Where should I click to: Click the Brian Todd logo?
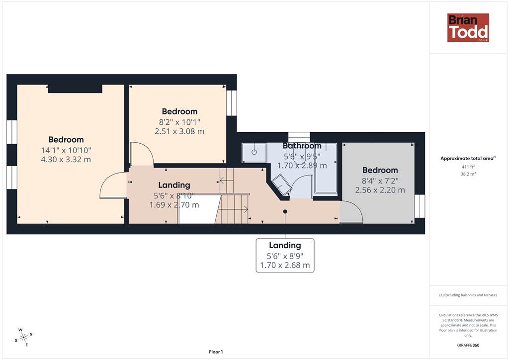[x=468, y=27]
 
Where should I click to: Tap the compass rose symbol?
[x=24, y=338]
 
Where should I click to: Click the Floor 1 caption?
[x=216, y=352]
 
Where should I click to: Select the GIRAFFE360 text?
[x=468, y=345]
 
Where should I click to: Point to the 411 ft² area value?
[x=468, y=167]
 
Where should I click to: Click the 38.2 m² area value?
[x=468, y=174]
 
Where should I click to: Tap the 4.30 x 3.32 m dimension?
[x=66, y=160]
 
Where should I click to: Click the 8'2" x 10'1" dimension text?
[x=179, y=122]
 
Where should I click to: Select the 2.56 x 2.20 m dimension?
[x=380, y=190]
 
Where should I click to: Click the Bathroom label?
[x=302, y=146]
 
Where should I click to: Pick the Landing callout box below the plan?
[x=285, y=256]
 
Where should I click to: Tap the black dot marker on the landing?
[x=285, y=212]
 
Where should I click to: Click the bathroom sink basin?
[x=254, y=152]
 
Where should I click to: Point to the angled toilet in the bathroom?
[x=281, y=184]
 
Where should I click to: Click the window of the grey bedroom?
[x=420, y=206]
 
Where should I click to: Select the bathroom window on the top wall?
[x=299, y=137]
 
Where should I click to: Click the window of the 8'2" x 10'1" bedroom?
[x=232, y=103]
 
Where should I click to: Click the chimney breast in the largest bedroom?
[x=75, y=89]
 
